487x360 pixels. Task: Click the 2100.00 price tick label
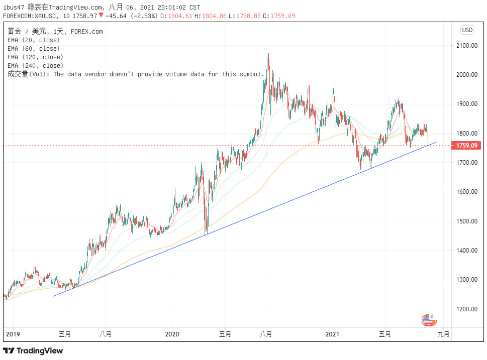(466, 46)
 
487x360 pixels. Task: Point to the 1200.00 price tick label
(466, 309)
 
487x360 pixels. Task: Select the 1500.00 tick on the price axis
(466, 221)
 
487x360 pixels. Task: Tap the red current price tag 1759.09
(467, 146)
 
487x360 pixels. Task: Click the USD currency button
(467, 30)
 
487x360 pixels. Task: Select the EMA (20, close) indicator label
(34, 40)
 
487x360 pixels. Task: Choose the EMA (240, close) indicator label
(35, 66)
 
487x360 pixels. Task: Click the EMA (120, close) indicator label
(35, 57)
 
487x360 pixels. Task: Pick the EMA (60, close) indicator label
(34, 49)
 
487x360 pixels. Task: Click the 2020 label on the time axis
(172, 334)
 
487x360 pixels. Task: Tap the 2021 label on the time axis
(334, 334)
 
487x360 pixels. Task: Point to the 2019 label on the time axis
(13, 334)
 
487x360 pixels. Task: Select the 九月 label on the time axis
(444, 334)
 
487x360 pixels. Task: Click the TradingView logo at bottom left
(33, 350)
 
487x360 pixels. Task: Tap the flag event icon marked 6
(428, 319)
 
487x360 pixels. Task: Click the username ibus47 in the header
(14, 8)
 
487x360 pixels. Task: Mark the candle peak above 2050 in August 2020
(268, 54)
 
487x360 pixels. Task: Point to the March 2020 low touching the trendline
(206, 233)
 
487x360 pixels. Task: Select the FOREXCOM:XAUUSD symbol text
(31, 16)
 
